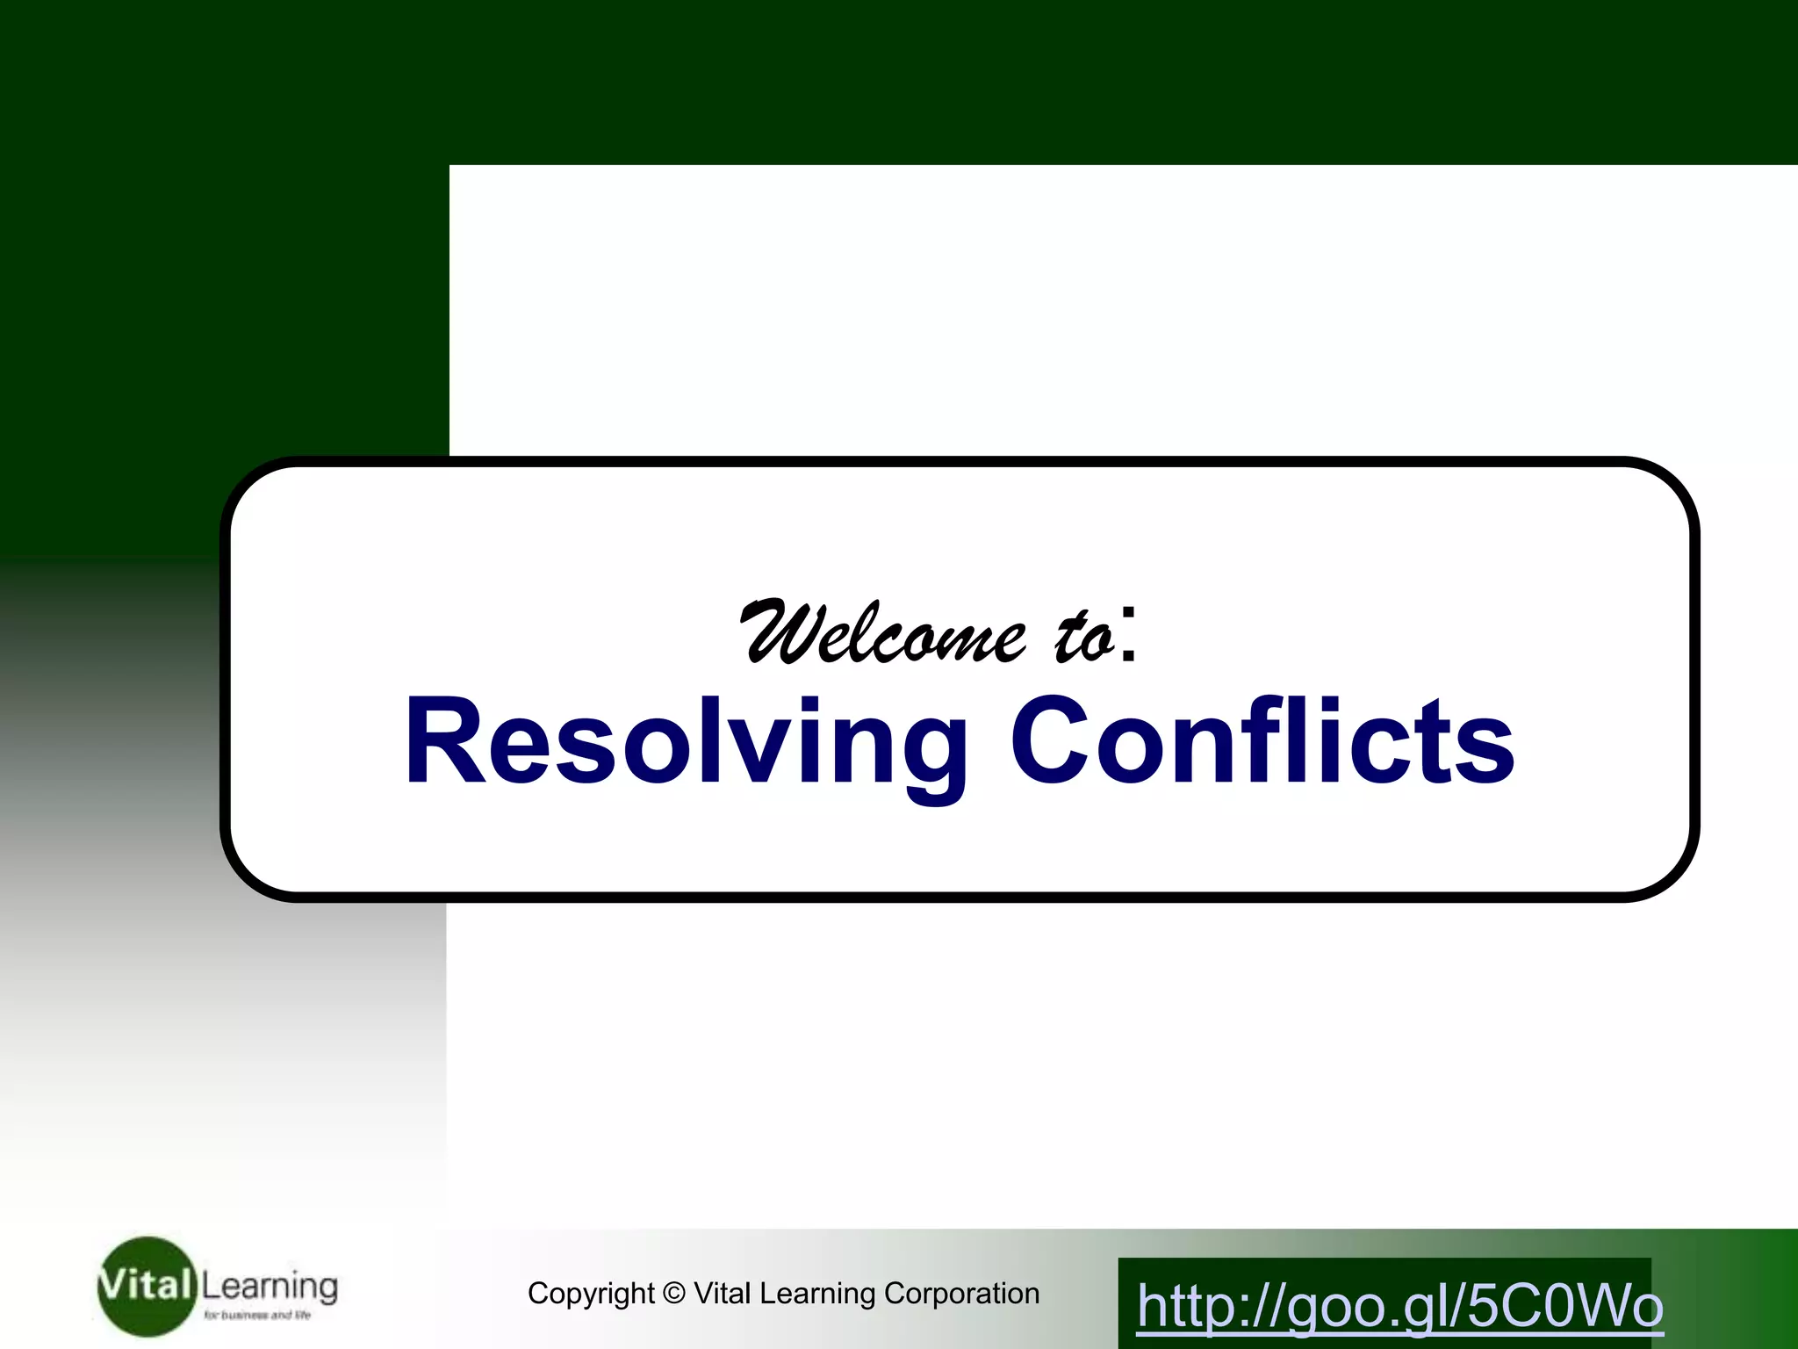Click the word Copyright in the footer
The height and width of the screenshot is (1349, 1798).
[591, 1294]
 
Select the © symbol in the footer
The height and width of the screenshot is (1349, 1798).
[673, 1294]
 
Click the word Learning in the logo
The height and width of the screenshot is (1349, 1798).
[270, 1287]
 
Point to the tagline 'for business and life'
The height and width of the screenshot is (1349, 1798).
[257, 1315]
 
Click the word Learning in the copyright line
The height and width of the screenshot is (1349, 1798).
[817, 1294]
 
